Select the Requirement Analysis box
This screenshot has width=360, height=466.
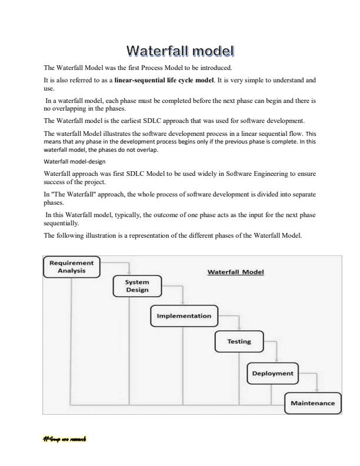(x=71, y=267)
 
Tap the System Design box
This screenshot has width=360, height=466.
(x=136, y=286)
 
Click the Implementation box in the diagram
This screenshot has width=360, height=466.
(x=184, y=316)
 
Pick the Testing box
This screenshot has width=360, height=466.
(x=239, y=341)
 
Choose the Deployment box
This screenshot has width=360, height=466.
(x=272, y=373)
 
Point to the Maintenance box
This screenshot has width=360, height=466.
(x=312, y=403)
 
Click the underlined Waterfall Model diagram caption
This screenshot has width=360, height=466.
(x=236, y=272)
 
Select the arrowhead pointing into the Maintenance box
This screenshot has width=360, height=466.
(x=317, y=390)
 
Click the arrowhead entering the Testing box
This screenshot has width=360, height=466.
(x=239, y=329)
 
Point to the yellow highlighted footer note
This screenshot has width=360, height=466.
(x=65, y=439)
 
